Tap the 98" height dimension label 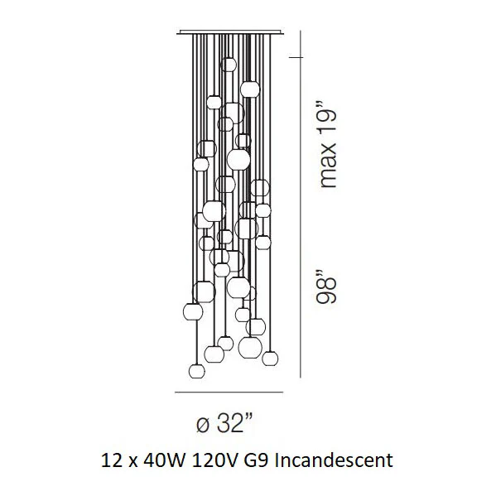(x=325, y=287)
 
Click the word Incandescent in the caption (x=334, y=460)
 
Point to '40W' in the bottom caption (x=164, y=460)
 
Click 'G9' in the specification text (x=254, y=460)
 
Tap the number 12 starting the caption (x=112, y=460)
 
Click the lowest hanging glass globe (x=197, y=371)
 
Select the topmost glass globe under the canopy (x=229, y=65)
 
